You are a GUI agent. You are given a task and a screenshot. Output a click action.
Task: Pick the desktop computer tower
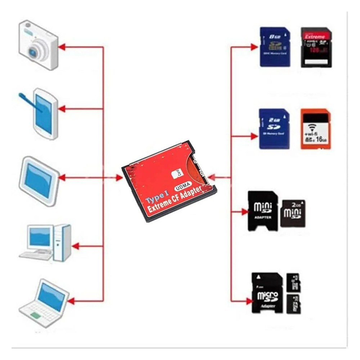click(62, 242)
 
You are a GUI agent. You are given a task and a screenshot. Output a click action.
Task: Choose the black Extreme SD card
click(316, 47)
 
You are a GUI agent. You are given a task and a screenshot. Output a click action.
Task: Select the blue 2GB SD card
click(274, 129)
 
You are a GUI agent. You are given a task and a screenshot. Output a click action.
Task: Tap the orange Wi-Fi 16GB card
click(315, 129)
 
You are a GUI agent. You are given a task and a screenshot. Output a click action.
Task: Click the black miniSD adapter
click(263, 210)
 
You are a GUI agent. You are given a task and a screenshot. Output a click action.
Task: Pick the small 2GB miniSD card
click(293, 213)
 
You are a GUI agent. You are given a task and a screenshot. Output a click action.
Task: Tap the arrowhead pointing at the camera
click(62, 46)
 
